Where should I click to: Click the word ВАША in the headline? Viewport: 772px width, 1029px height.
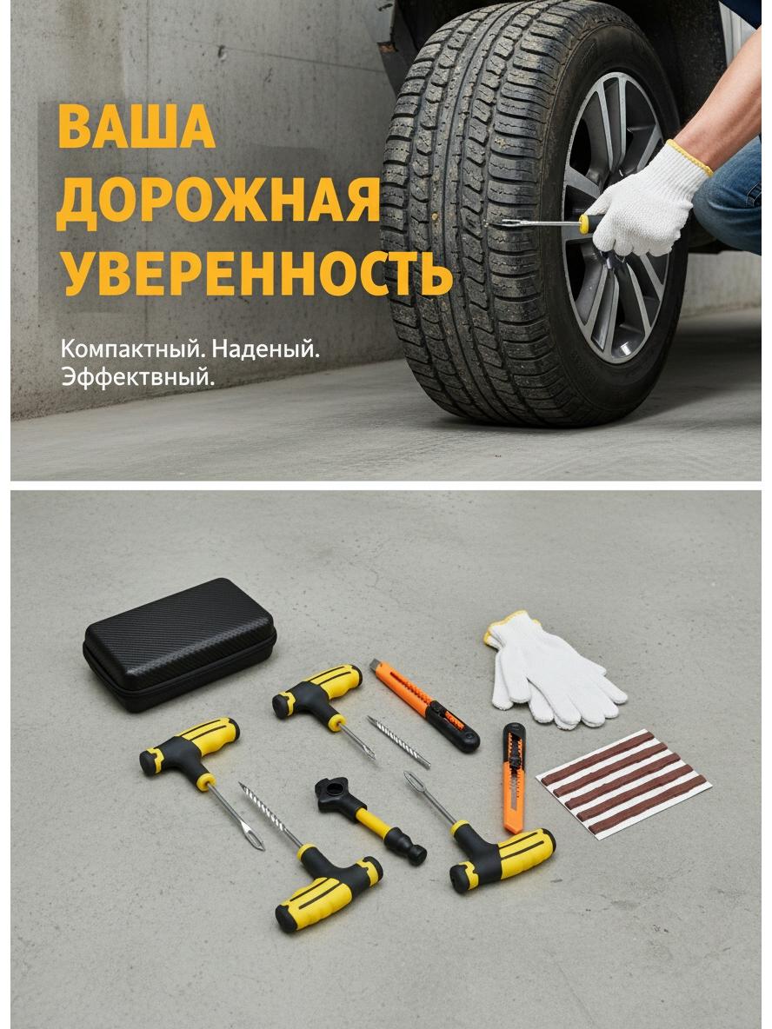point(136,125)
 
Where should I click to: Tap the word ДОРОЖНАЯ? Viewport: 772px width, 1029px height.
point(218,201)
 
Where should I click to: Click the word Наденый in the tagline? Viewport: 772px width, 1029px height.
point(265,349)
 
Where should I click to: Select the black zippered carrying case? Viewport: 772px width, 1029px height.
point(179,644)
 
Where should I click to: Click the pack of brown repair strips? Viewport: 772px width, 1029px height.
point(623,783)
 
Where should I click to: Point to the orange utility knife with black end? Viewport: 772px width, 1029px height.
point(423,705)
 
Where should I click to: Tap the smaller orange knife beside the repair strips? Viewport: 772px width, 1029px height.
point(514,778)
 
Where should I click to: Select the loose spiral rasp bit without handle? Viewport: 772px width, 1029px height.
point(398,741)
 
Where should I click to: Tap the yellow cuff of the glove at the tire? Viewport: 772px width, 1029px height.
point(689,157)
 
